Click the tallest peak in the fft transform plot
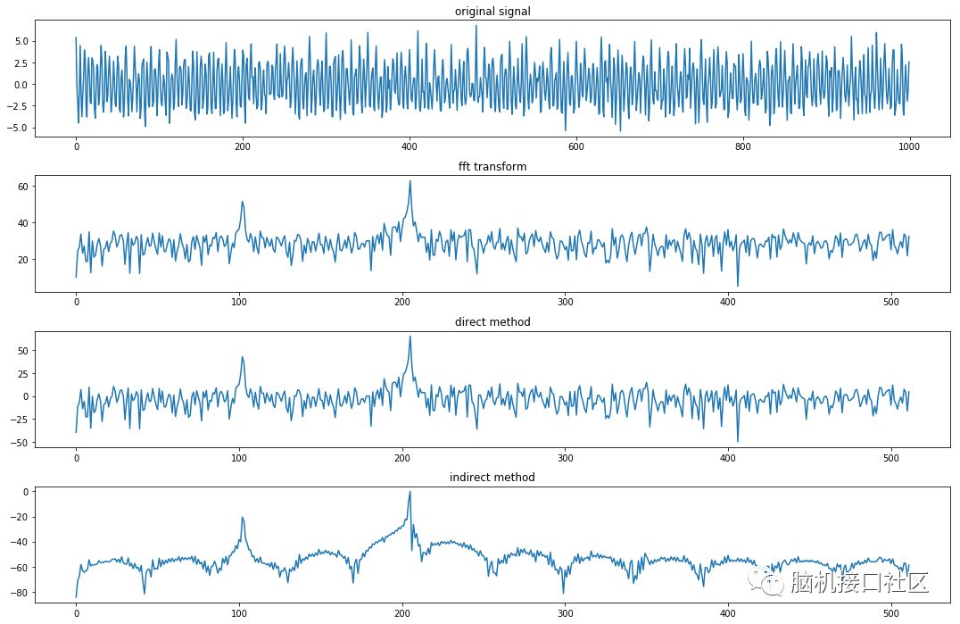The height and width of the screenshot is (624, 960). (x=410, y=181)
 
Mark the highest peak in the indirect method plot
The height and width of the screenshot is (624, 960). (x=410, y=492)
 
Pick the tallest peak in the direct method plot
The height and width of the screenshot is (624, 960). (x=410, y=337)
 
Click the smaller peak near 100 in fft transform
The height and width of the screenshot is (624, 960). (x=242, y=202)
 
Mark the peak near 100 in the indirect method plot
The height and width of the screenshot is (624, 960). (x=242, y=518)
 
